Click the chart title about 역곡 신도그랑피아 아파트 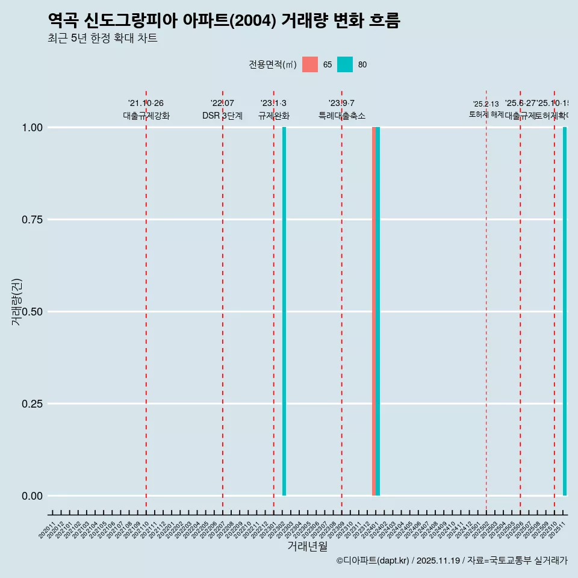(x=223, y=21)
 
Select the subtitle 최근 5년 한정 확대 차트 (x=102, y=39)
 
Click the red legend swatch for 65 (x=310, y=64)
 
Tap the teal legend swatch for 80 (x=345, y=64)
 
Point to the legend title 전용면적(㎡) (x=272, y=64)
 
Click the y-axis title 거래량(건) (x=17, y=302)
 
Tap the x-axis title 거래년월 (x=308, y=547)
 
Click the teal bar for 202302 (x=284, y=311)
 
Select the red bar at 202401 (x=374, y=311)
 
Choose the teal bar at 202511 (x=565, y=311)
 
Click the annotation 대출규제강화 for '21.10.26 (x=146, y=116)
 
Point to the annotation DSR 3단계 (x=222, y=116)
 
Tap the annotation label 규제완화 (x=274, y=116)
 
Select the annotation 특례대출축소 (x=342, y=116)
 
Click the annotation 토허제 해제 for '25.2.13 (x=486, y=114)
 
